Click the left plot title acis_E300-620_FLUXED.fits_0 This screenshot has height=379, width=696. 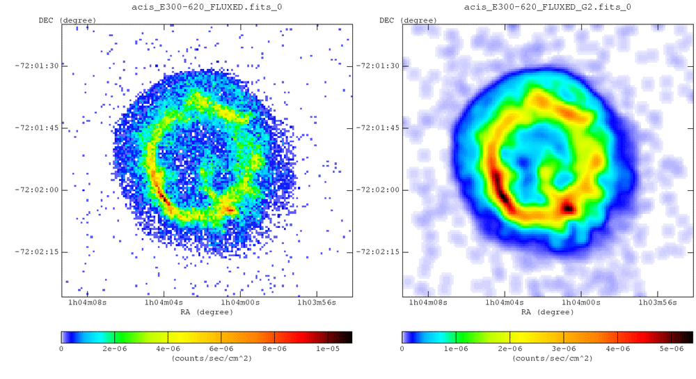point(207,7)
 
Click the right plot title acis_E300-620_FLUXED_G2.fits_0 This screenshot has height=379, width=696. point(548,7)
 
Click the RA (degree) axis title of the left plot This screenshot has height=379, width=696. point(207,312)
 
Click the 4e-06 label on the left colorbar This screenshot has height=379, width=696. point(167,348)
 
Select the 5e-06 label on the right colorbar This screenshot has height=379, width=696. point(672,348)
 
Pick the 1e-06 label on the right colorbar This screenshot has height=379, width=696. point(456,348)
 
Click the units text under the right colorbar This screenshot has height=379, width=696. point(548,358)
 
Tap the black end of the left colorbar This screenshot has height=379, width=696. point(348,337)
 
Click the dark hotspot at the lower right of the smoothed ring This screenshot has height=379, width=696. point(569,207)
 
